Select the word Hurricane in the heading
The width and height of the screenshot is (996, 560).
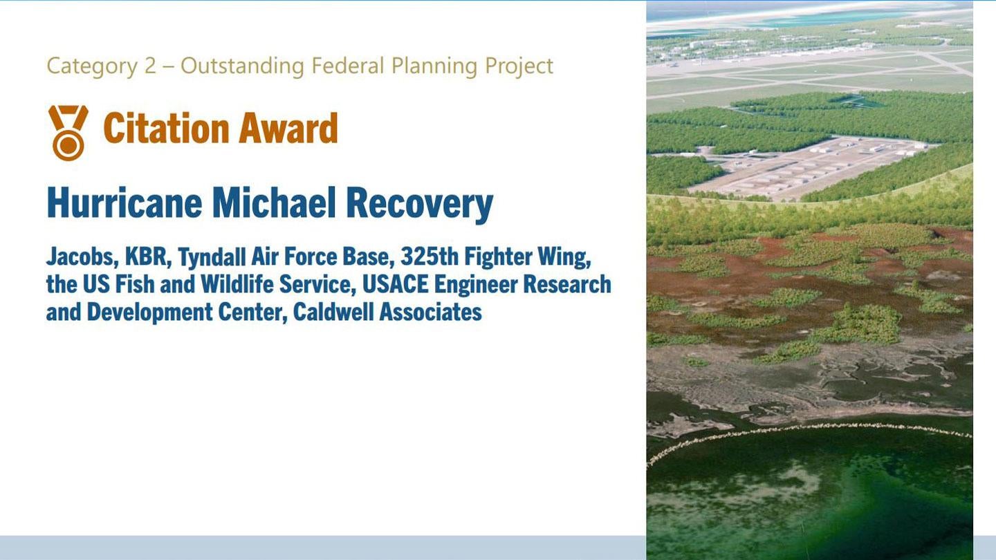124,203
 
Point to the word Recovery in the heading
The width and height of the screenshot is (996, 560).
419,203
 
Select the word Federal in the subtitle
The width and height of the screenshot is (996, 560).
348,66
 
